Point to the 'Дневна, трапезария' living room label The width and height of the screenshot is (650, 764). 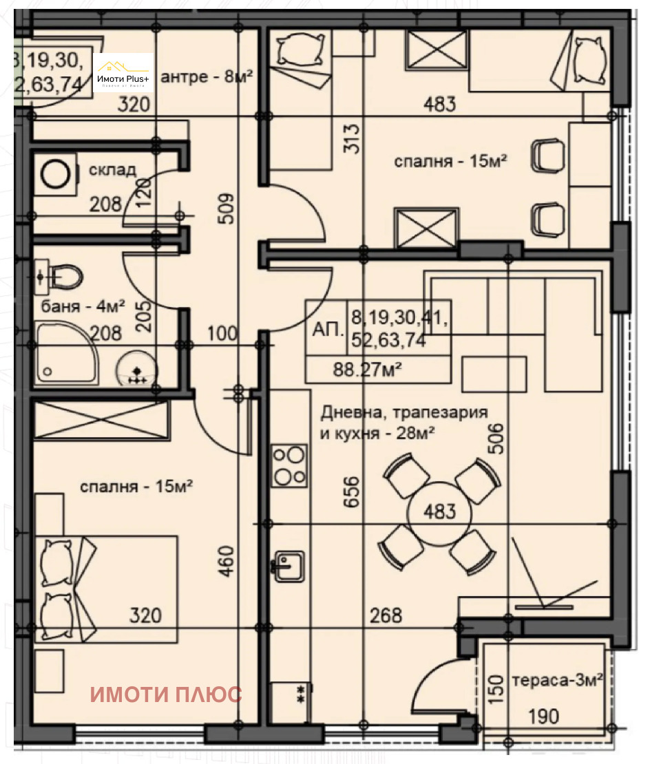[x=404, y=413]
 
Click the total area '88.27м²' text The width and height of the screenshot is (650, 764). [x=368, y=369]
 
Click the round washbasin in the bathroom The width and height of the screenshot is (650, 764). [x=136, y=368]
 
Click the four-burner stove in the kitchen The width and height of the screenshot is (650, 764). [x=290, y=466]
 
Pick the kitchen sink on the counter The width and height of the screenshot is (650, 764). [x=290, y=565]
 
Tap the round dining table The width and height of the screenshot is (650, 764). [x=440, y=513]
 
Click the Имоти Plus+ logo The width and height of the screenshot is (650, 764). [x=123, y=72]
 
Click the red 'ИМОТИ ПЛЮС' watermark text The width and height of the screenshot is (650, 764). [x=167, y=694]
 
